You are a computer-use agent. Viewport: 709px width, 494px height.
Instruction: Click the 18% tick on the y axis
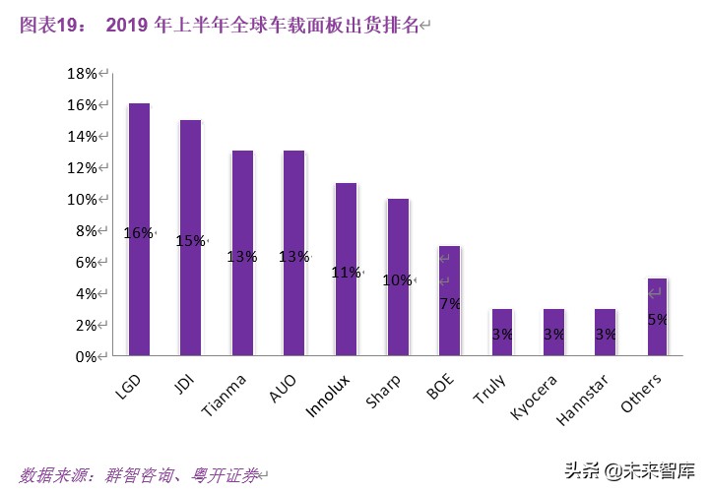80,73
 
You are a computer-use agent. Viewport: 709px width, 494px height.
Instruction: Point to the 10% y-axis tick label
80,199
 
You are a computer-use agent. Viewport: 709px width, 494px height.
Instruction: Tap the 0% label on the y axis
85,356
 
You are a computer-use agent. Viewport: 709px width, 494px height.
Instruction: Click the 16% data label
139,232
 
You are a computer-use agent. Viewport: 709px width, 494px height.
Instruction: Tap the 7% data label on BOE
450,303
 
